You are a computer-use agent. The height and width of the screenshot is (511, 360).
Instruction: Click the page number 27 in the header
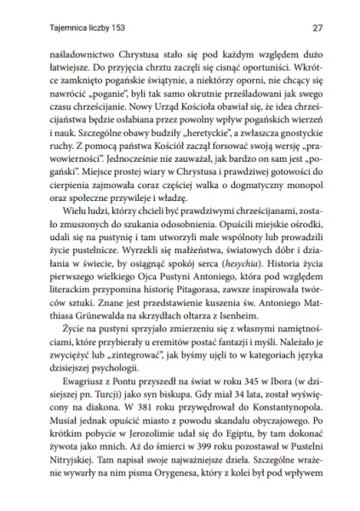316,27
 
